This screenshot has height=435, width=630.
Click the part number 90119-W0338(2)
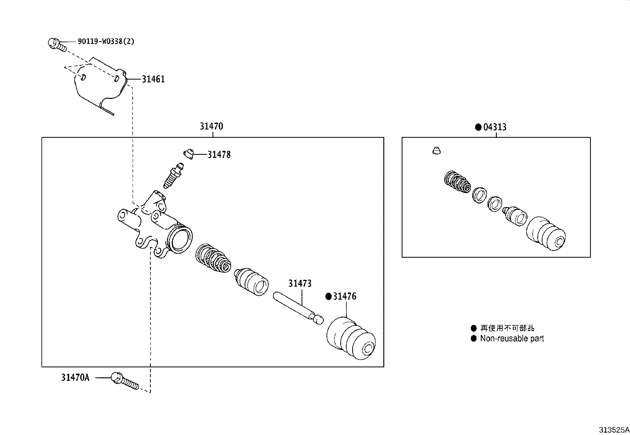pos(106,41)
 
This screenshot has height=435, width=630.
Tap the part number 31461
pos(153,79)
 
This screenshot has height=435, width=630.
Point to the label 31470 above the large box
pos(211,126)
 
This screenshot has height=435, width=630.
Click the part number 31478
pos(219,155)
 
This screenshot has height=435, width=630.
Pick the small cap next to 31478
pos(188,153)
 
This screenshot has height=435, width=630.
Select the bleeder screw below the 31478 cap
pos(173,177)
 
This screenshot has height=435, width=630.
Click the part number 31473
pos(300,283)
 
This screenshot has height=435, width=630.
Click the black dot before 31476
pos(328,296)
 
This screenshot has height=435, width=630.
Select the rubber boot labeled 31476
pos(351,339)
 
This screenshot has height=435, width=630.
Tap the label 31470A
pos(75,378)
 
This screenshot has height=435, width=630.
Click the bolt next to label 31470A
pos(124,381)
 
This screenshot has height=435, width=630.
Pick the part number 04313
pos(495,127)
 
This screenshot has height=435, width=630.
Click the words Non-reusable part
pos(512,338)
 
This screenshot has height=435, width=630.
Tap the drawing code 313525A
pos(613,429)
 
